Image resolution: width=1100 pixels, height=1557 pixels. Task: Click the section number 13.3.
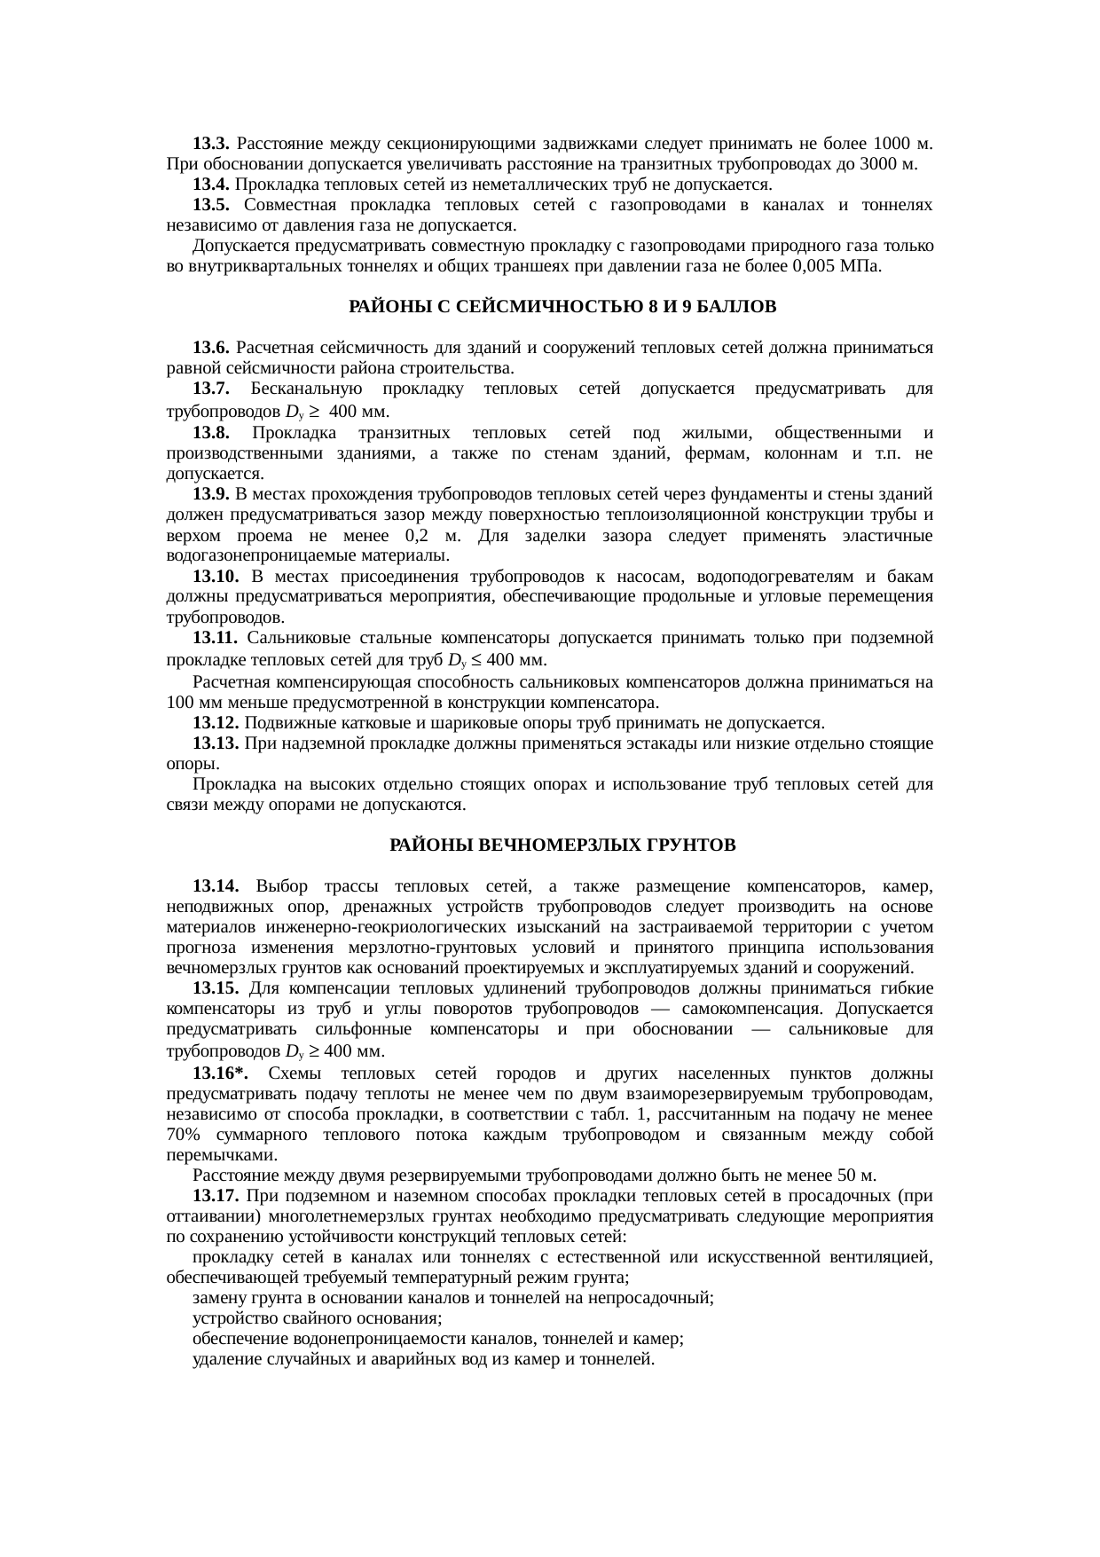pos(211,144)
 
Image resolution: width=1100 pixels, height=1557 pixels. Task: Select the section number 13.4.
pos(211,185)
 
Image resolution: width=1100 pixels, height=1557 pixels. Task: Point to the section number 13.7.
pos(211,389)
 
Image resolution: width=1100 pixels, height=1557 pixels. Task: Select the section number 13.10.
pos(215,577)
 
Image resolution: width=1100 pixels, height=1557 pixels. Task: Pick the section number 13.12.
pos(215,722)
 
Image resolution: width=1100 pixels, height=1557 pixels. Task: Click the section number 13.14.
pos(215,886)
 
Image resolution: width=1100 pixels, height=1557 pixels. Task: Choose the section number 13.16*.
pos(219,1073)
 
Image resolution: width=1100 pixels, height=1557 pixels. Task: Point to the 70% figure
pos(183,1135)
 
